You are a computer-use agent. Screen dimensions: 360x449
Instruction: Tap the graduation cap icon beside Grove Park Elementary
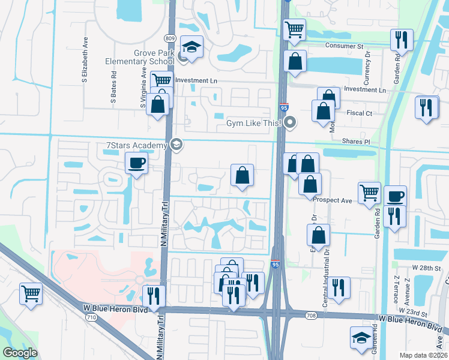point(191,47)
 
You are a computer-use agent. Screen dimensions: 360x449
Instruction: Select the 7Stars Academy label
point(136,145)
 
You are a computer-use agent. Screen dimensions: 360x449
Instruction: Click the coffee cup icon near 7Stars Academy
point(136,162)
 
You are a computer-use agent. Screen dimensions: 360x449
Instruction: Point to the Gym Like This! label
point(255,124)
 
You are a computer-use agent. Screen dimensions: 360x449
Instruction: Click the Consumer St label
point(345,46)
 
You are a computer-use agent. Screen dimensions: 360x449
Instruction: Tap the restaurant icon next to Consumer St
point(401,40)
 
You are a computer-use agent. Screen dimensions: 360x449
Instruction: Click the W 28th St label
point(426,268)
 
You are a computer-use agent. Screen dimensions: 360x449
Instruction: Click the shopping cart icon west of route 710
point(31,294)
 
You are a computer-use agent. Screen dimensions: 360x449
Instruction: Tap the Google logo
point(20,353)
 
